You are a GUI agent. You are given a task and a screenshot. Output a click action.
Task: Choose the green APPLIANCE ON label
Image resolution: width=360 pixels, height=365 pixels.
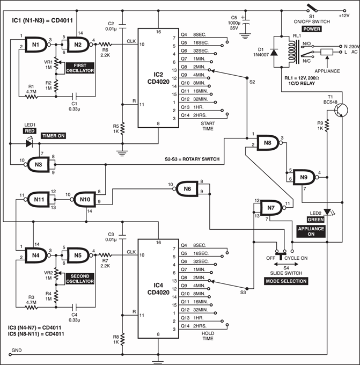tap(314, 231)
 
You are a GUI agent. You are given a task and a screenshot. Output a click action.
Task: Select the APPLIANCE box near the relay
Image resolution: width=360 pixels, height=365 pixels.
tap(327, 53)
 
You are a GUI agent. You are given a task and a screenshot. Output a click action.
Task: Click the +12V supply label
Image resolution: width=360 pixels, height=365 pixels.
tap(343, 16)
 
